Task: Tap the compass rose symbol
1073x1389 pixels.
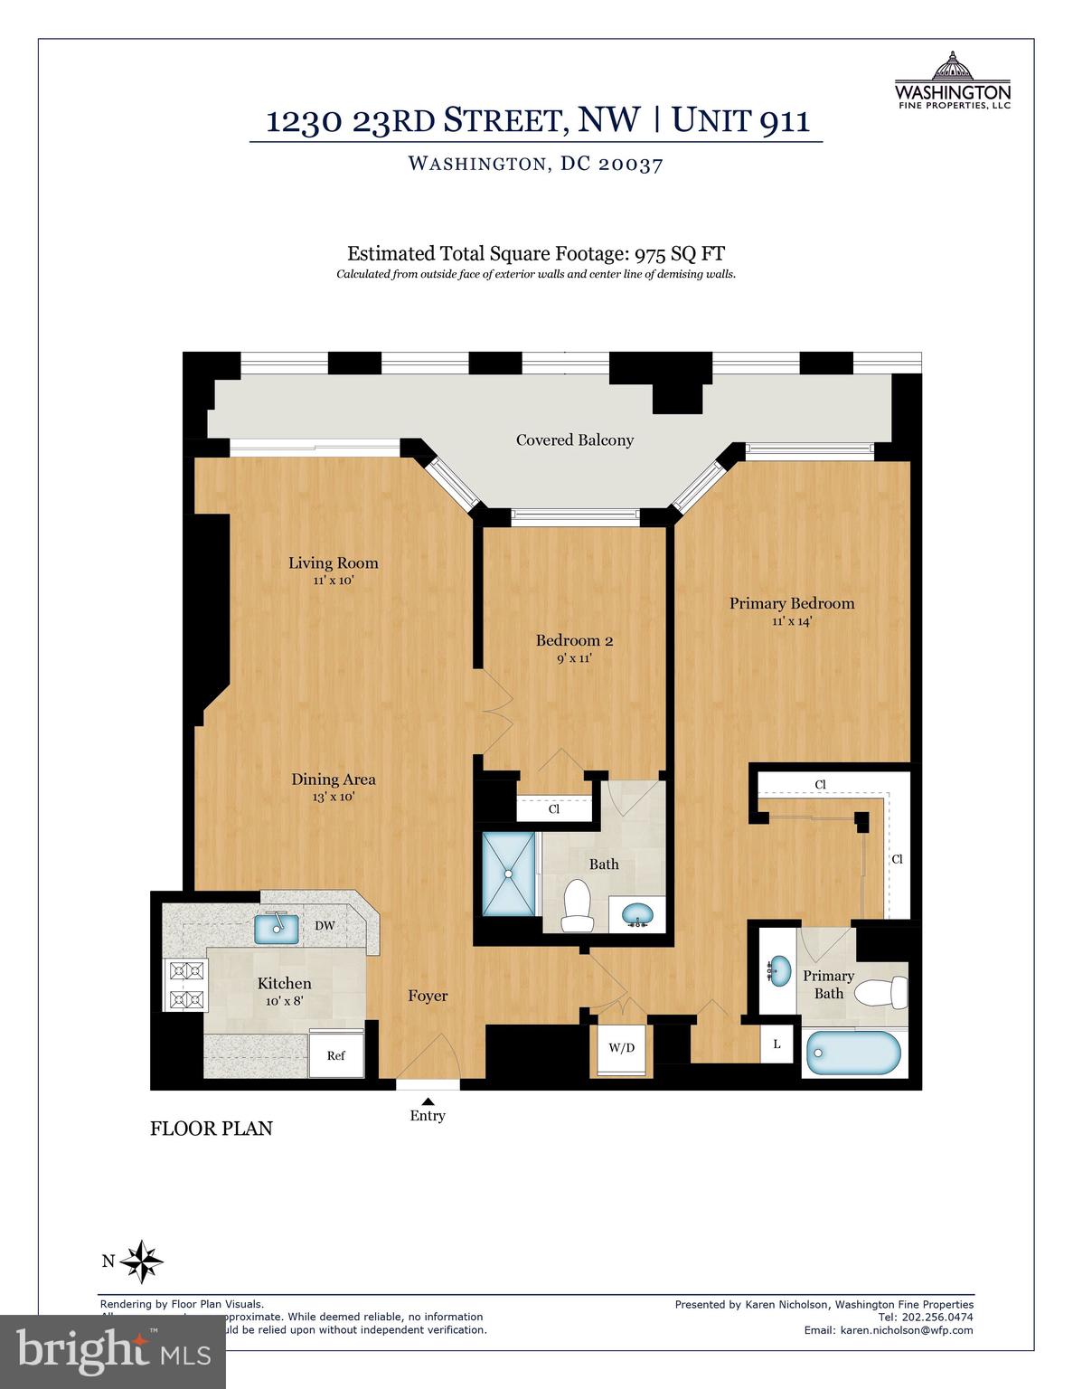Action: click(141, 1261)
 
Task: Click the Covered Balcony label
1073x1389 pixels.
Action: click(574, 440)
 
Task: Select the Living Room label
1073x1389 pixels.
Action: click(333, 563)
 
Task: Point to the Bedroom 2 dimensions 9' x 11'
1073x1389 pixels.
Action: click(574, 658)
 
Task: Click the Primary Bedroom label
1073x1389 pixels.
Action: click(791, 603)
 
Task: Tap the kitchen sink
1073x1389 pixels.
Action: click(277, 926)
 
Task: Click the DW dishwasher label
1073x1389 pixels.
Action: click(325, 926)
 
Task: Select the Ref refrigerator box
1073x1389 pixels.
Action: click(336, 1054)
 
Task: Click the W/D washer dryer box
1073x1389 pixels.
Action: click(621, 1049)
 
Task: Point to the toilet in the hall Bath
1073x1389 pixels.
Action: click(576, 905)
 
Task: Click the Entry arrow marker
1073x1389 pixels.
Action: click(428, 1101)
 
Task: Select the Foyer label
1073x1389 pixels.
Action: click(428, 996)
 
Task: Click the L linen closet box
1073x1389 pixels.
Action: click(777, 1044)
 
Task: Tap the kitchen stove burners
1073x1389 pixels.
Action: click(187, 985)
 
